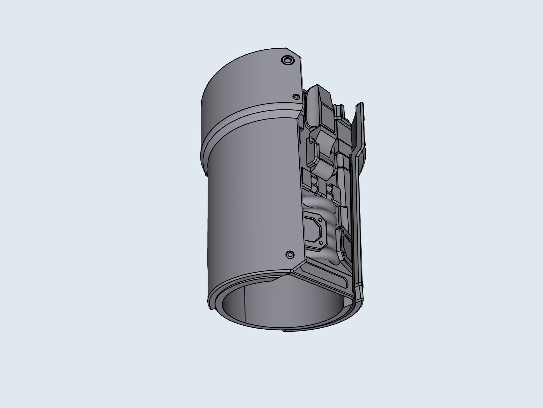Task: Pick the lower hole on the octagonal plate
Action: click(321, 243)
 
